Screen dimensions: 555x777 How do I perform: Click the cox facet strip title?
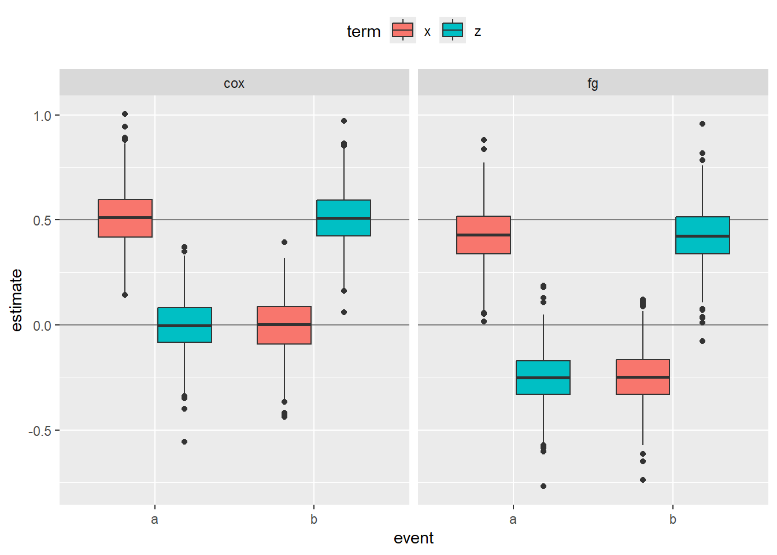point(234,83)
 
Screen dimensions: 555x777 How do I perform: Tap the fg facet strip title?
point(593,83)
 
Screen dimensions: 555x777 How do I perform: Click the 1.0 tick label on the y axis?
point(43,116)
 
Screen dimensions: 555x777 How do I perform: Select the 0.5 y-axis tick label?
point(43,221)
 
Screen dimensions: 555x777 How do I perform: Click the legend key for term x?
point(402,31)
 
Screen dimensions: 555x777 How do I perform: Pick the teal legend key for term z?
point(452,31)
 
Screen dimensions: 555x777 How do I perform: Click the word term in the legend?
point(364,31)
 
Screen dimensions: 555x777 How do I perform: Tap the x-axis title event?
point(413,538)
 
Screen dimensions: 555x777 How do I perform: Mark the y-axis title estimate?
point(16,300)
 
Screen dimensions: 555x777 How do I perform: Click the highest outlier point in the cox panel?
point(125,114)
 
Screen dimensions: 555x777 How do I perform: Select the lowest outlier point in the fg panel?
point(543,486)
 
